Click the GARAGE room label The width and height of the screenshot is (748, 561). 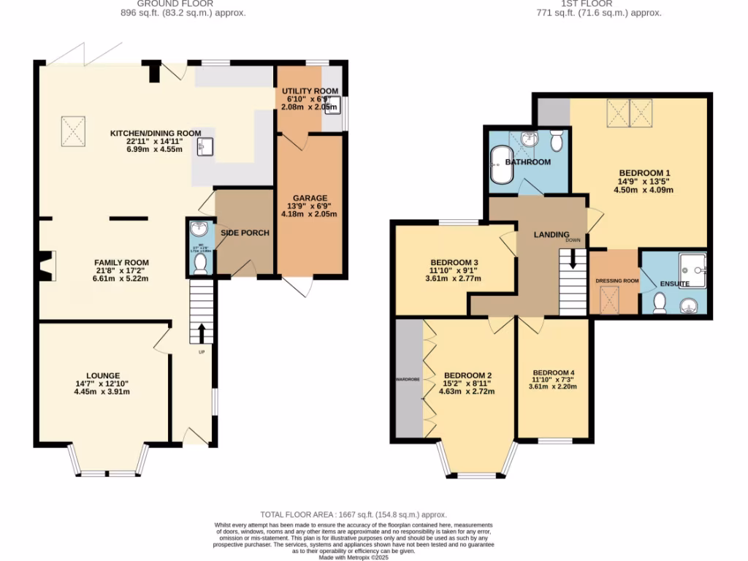pos(310,198)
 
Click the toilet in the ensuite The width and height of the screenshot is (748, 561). pos(660,302)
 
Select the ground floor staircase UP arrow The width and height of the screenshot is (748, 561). pos(202,332)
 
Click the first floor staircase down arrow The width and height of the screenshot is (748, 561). pos(573,258)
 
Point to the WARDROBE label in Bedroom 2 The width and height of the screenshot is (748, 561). pos(408,380)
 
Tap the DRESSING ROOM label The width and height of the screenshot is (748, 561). pos(617,280)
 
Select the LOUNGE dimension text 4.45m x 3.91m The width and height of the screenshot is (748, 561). pos(103,391)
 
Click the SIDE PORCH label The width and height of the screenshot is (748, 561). pos(245,233)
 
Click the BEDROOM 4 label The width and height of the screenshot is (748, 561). pos(553,373)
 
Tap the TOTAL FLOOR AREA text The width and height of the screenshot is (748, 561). pos(353,515)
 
